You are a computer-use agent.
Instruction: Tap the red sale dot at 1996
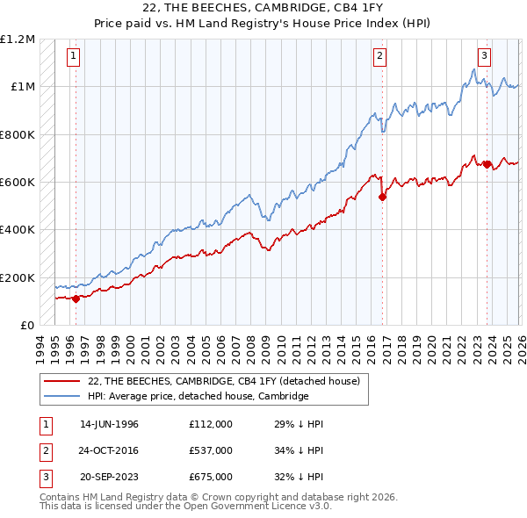76,299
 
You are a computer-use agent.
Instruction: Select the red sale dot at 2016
382,198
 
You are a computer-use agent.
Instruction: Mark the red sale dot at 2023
487,164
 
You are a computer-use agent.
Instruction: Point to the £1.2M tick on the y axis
18,40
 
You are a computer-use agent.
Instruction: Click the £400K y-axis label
18,230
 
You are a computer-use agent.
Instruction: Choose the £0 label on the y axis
26,325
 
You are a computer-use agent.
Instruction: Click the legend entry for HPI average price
198,396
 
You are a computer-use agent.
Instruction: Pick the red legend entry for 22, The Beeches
224,380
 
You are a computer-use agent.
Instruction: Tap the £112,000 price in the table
211,424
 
